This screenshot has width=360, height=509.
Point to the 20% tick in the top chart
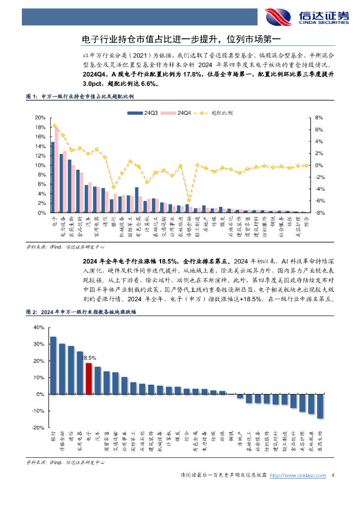[40, 118]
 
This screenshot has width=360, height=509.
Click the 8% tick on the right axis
[319, 118]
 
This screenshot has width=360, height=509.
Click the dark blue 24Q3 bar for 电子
[53, 177]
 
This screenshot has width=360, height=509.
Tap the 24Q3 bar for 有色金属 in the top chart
[137, 200]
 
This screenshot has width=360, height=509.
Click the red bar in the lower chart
[89, 378]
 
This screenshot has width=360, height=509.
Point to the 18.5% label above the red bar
[89, 357]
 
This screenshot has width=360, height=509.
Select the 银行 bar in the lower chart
[53, 365]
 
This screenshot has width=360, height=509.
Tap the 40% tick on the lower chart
[38, 328]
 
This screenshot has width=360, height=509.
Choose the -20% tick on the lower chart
[38, 427]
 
